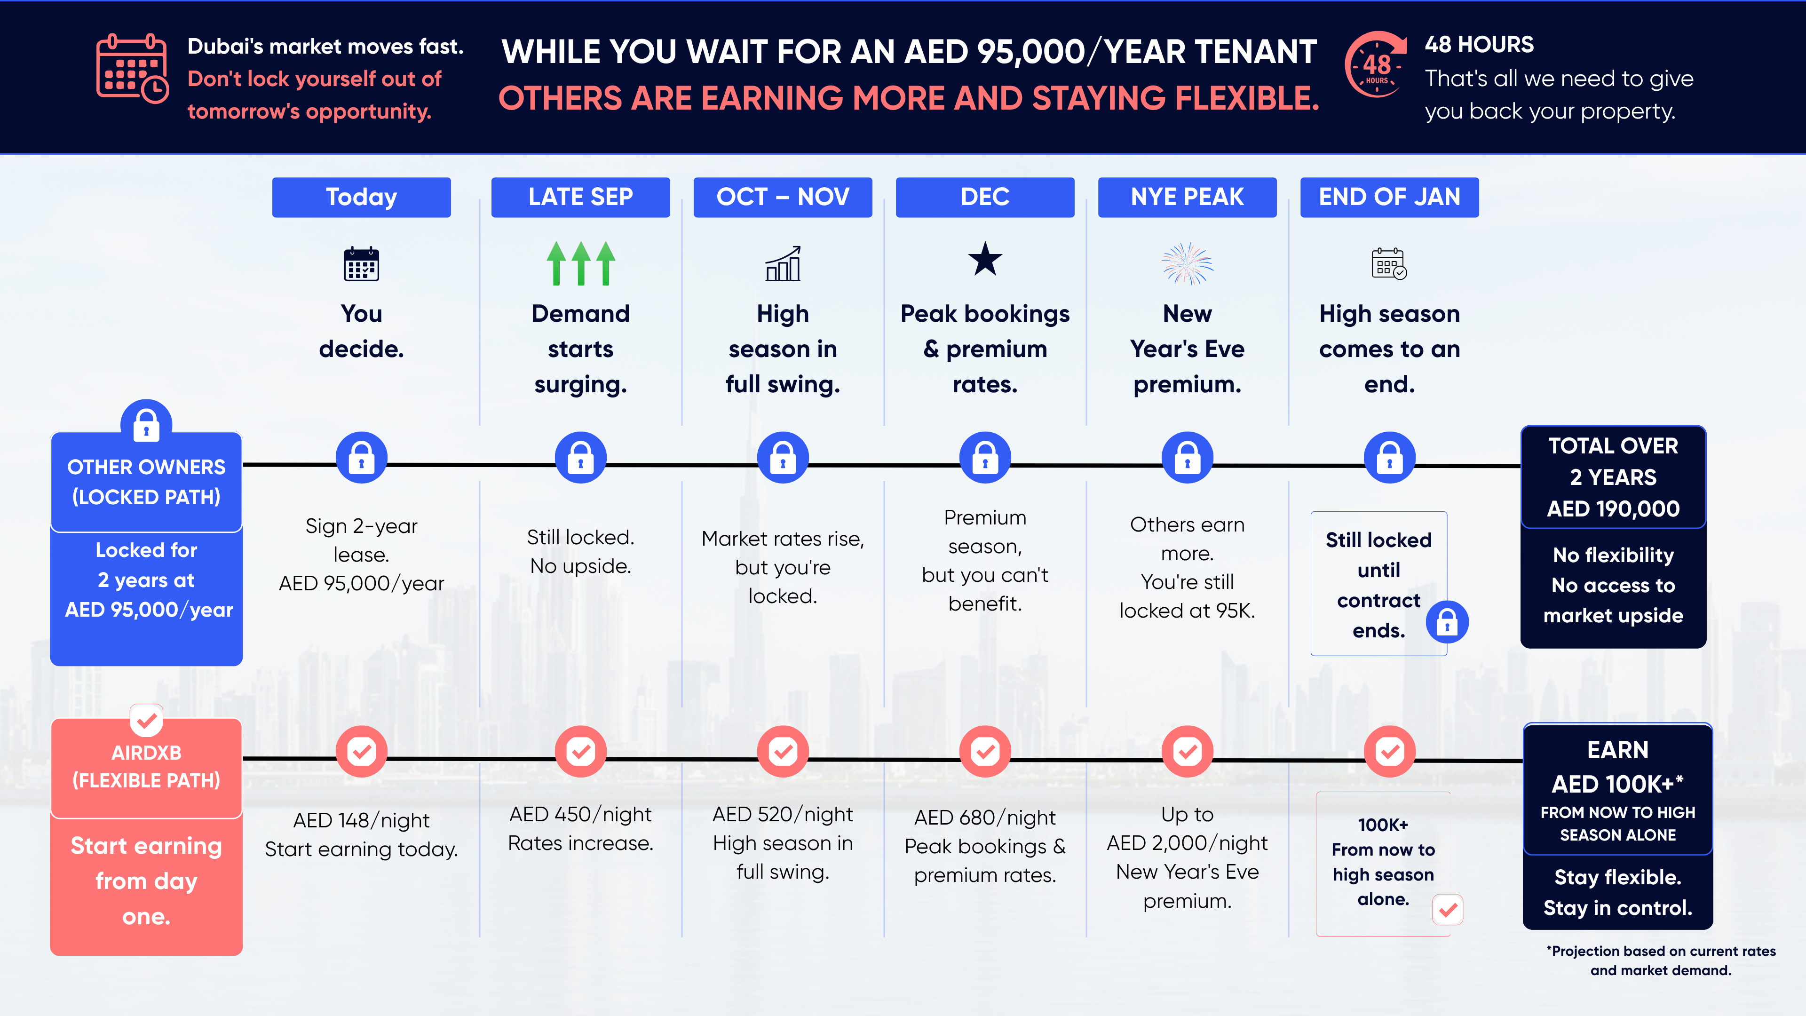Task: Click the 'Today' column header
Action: tap(361, 197)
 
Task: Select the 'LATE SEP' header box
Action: tap(580, 197)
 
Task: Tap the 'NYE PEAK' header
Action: tap(1187, 197)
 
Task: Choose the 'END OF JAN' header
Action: tap(1390, 197)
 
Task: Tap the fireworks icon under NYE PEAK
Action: tap(1187, 263)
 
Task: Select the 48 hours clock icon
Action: tap(1376, 64)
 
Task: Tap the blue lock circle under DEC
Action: tap(985, 458)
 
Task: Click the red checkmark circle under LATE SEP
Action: tap(580, 752)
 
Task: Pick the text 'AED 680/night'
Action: tap(985, 818)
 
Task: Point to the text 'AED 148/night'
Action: tap(361, 820)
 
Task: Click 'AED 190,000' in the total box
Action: tap(1613, 508)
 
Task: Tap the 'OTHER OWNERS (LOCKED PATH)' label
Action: tap(147, 482)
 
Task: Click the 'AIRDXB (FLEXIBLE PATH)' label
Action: tap(147, 766)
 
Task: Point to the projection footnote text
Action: tap(1661, 960)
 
